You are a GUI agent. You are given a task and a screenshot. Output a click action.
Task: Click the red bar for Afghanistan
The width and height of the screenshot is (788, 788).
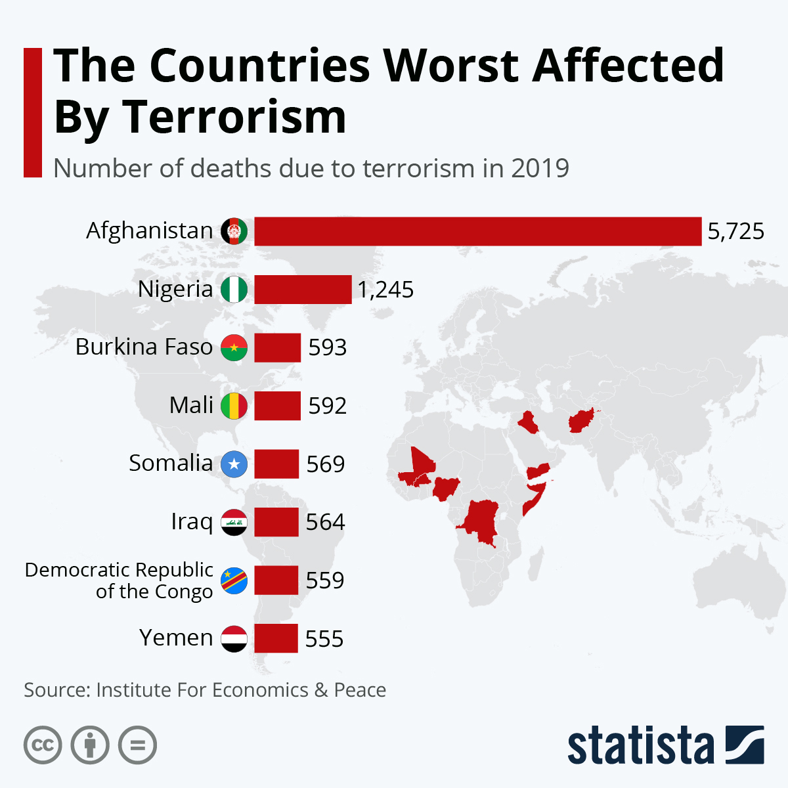point(477,231)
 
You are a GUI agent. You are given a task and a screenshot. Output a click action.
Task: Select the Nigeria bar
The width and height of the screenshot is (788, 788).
point(303,290)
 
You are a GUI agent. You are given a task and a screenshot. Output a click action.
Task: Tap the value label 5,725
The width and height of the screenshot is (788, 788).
point(735,231)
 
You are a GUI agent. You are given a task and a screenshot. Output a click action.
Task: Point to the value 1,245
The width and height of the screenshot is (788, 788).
point(385,290)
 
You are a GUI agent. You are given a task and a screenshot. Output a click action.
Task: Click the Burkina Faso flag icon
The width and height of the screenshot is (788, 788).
point(234,347)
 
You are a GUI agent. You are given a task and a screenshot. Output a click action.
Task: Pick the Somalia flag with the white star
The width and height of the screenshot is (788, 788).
point(234,464)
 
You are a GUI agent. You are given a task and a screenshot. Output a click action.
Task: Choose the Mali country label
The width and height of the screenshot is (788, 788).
point(191,405)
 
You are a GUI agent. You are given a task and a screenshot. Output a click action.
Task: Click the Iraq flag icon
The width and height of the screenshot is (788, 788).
point(234,522)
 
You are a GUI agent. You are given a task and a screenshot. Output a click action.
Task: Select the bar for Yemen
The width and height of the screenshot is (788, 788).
point(276,638)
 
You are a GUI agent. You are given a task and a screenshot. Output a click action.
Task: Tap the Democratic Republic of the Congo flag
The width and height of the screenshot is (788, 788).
point(234,580)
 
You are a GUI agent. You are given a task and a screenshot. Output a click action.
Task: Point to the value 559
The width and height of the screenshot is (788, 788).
point(325,580)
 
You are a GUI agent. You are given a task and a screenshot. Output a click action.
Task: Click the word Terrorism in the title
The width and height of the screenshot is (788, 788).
point(234,118)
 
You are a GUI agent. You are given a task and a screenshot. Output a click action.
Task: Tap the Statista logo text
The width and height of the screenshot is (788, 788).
point(640,745)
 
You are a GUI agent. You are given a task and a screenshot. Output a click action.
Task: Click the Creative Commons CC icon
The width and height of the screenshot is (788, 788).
point(43,745)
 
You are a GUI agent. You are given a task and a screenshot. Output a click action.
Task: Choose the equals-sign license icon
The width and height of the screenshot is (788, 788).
point(138,745)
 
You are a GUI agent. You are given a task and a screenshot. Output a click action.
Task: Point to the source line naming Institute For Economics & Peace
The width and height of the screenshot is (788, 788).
point(205,690)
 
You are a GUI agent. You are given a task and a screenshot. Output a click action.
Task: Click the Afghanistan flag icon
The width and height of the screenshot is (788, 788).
point(234,231)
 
